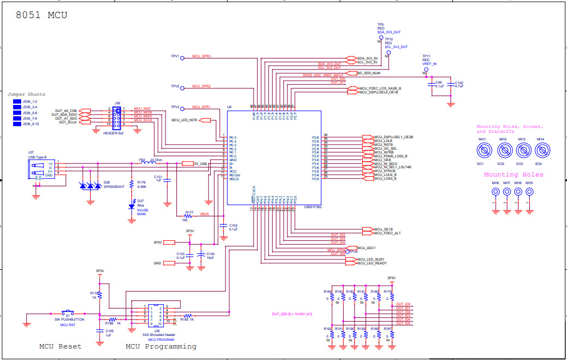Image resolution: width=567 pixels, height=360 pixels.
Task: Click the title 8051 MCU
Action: tap(42, 15)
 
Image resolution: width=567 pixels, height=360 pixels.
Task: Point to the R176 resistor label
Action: tap(141, 183)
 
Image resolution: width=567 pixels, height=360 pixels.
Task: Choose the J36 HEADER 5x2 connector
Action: tap(117, 116)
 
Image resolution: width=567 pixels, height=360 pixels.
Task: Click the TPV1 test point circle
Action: tap(182, 56)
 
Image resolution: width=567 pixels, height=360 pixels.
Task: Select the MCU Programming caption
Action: tap(161, 346)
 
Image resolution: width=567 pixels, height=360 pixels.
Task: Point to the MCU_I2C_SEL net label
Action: tap(386, 148)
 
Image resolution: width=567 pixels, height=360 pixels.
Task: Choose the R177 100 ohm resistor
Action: tap(189, 216)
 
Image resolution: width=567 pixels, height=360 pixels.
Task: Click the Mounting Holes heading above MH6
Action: tap(513, 175)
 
